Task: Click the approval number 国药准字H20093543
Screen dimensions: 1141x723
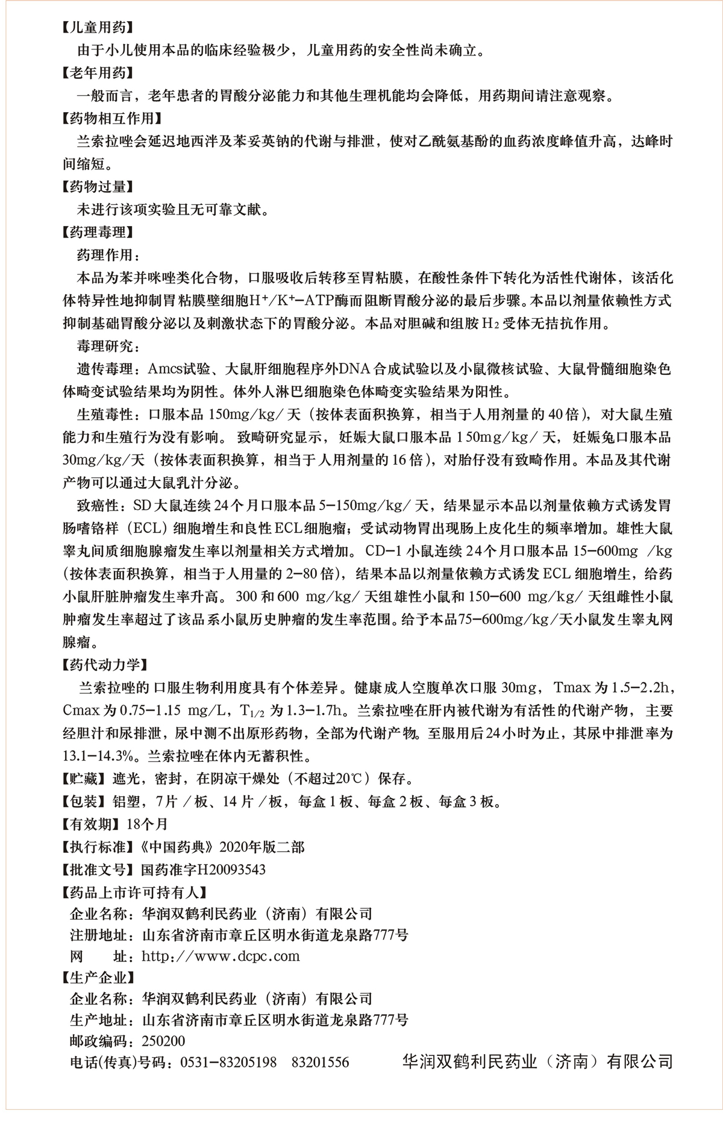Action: [202, 870]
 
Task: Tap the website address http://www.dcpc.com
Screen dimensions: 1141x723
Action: [221, 956]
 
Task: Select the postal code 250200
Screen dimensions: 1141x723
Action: [163, 1041]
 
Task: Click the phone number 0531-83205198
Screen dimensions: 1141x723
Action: [228, 1062]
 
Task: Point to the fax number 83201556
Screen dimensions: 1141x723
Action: [320, 1062]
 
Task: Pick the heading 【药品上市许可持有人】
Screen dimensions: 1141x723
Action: [134, 892]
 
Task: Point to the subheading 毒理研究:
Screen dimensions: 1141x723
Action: [108, 347]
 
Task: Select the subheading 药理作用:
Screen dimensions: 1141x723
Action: [108, 255]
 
